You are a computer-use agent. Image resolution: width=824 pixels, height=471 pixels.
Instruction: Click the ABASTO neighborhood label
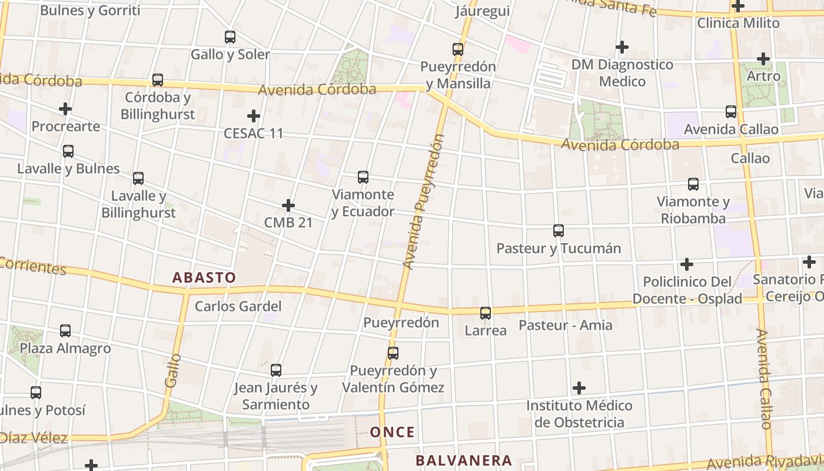tap(204, 277)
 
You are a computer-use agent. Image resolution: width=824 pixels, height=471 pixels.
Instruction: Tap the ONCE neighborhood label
tap(392, 432)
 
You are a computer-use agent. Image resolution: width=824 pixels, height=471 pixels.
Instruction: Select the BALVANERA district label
tap(464, 460)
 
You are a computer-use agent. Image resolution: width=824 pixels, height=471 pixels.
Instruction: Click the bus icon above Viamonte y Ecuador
tap(363, 177)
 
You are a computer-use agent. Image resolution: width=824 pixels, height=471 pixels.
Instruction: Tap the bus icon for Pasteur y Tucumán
tap(559, 231)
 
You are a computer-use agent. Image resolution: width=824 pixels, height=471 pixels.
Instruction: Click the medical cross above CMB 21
tap(288, 205)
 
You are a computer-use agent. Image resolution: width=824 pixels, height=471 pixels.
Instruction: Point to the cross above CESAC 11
tap(254, 116)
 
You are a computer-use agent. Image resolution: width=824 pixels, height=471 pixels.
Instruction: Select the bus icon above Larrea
tap(486, 313)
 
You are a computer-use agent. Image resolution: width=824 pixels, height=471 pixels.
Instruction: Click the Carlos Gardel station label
tap(238, 306)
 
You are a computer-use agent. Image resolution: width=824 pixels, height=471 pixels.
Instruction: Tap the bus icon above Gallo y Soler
tap(230, 37)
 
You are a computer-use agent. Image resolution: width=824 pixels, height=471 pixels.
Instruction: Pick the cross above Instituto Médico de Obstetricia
tap(579, 388)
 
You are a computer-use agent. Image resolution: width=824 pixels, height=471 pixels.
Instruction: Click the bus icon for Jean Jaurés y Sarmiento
tap(276, 370)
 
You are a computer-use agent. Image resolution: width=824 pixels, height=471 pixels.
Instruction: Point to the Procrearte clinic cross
tap(65, 109)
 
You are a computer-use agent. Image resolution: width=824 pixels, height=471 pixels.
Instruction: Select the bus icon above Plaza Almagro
tap(65, 331)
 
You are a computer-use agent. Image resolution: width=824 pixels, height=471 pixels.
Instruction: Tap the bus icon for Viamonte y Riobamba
tap(693, 184)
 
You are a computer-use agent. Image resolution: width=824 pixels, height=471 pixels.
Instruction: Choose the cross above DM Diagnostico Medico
tap(622, 47)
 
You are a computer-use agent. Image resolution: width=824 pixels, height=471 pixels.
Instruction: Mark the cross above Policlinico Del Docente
tap(686, 264)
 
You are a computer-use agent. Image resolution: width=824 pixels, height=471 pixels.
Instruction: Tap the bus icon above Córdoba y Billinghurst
tap(157, 80)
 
